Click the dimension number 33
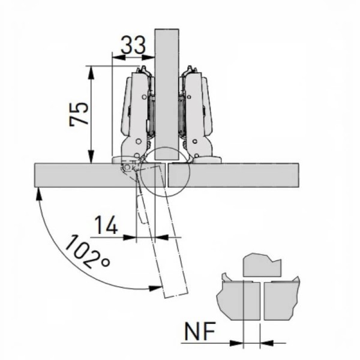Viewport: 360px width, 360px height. pyautogui.click(x=133, y=45)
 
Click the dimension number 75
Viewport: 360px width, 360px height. pyautogui.click(x=79, y=114)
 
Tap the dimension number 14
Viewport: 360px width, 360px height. pyautogui.click(x=106, y=225)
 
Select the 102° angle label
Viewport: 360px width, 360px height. pyautogui.click(x=87, y=251)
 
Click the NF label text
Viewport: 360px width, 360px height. pyautogui.click(x=200, y=331)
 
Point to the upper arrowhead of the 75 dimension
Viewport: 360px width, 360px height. pyautogui.click(x=91, y=73)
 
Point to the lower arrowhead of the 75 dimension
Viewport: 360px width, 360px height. pyautogui.click(x=91, y=157)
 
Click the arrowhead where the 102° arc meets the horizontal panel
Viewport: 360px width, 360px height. pyautogui.click(x=38, y=194)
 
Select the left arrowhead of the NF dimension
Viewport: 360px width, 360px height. pyautogui.click(x=236, y=343)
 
